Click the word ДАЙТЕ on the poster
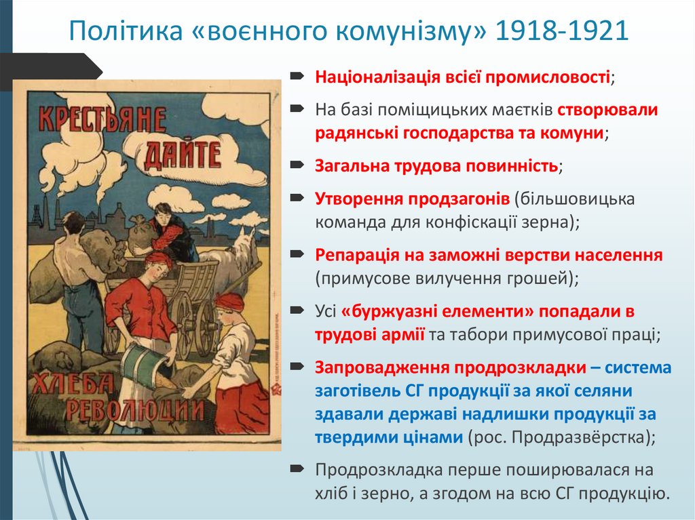183,156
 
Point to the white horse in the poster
238,258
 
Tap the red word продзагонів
458,199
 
